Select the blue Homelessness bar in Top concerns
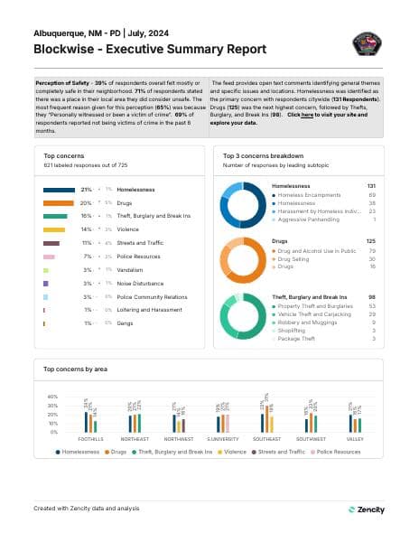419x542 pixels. coord(59,190)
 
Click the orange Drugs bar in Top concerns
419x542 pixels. coord(58,203)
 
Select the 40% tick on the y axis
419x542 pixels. coord(51,397)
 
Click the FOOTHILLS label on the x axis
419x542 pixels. coord(90,438)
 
